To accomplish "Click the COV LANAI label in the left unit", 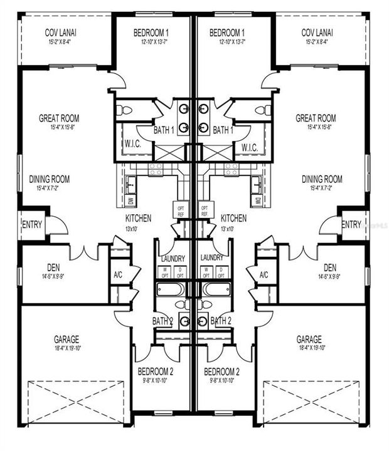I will point(60,33).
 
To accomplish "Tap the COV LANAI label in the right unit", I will point(317,33).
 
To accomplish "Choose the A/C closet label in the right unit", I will point(264,274).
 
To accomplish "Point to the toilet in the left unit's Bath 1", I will point(125,111).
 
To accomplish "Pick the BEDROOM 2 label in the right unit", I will point(223,371).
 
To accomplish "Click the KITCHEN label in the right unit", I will point(233,218).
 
